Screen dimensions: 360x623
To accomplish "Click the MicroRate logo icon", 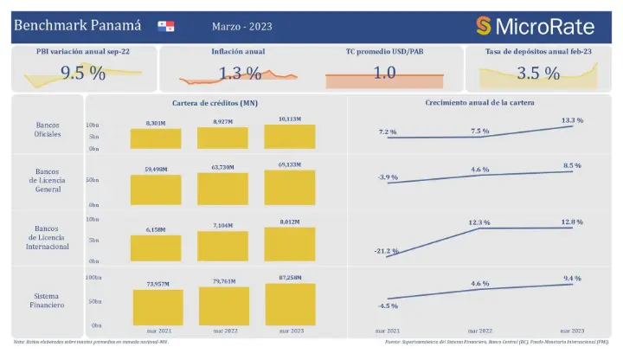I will (x=483, y=26).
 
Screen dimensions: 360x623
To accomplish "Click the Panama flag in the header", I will (x=166, y=26).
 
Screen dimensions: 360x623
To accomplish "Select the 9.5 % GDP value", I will (x=83, y=74).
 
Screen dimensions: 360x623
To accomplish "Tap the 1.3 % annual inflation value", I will (x=240, y=74).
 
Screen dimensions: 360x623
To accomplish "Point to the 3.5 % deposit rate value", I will (x=538, y=74).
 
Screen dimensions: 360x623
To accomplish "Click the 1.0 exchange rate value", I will (x=384, y=74).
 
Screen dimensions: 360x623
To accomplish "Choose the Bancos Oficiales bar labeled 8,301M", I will (x=156, y=138).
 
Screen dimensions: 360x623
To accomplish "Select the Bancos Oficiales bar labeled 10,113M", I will (x=290, y=137).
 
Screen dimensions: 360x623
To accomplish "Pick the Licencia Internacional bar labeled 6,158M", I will (x=156, y=249).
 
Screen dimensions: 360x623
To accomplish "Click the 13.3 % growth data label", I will (x=572, y=120).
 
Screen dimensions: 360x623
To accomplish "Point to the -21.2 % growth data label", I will (x=388, y=251).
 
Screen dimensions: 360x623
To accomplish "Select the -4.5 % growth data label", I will (x=388, y=305).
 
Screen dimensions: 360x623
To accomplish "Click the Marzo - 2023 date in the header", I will (x=241, y=26).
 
